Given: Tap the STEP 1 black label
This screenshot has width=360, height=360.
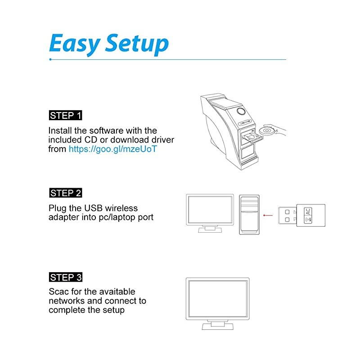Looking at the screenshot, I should pyautogui.click(x=66, y=116).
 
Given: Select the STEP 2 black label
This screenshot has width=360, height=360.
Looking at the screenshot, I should pyautogui.click(x=66, y=193).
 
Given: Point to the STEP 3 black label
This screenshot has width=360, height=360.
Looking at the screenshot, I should pyautogui.click(x=66, y=277).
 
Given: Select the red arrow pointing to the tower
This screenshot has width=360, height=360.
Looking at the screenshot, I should pyautogui.click(x=269, y=215).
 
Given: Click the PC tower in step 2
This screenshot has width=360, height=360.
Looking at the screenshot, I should pyautogui.click(x=249, y=214).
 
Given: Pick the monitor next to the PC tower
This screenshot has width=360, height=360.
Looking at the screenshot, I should pyautogui.click(x=210, y=209).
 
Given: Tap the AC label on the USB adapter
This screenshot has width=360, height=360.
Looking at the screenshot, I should pyautogui.click(x=308, y=211).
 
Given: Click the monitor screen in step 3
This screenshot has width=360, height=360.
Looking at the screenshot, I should pyautogui.click(x=217, y=297).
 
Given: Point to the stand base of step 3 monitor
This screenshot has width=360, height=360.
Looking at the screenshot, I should pyautogui.click(x=218, y=326).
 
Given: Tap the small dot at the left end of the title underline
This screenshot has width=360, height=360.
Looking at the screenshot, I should pyautogui.click(x=50, y=59).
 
